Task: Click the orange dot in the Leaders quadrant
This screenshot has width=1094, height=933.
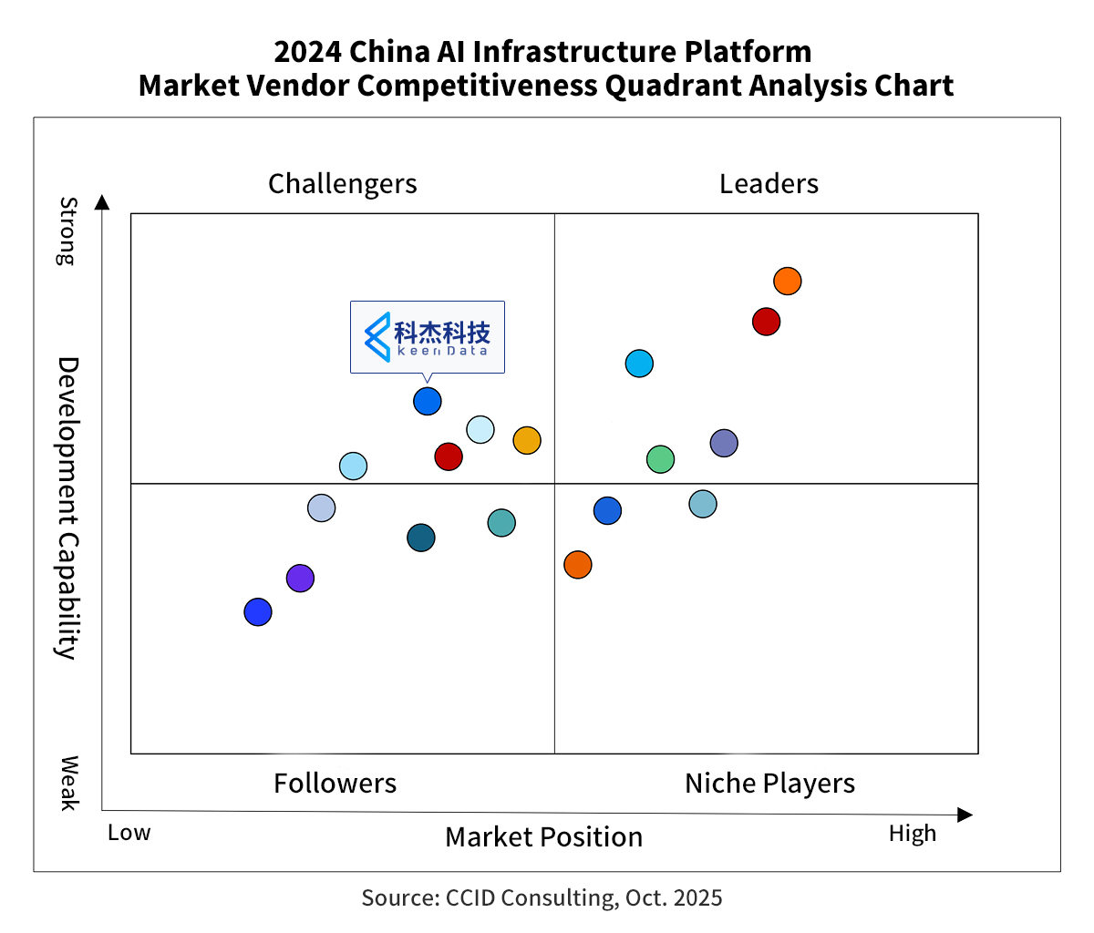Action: click(788, 282)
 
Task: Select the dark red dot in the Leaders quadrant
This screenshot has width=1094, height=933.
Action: click(767, 322)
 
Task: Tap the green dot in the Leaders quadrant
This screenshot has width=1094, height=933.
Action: click(661, 459)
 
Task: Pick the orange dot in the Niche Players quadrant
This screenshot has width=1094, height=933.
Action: click(578, 565)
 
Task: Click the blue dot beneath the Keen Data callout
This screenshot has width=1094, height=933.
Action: click(428, 401)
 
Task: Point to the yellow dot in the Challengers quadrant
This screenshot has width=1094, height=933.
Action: click(527, 441)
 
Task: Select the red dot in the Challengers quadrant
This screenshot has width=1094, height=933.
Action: click(449, 456)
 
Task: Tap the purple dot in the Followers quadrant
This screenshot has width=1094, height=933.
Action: click(300, 578)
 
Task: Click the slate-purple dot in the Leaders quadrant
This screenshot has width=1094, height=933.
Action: click(724, 444)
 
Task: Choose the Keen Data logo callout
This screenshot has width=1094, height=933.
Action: click(428, 336)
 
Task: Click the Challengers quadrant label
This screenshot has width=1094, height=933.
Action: click(343, 184)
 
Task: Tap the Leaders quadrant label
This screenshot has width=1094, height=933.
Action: click(769, 184)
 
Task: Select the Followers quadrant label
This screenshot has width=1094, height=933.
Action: click(335, 784)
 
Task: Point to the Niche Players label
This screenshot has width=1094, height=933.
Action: click(769, 784)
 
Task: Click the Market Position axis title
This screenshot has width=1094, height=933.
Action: click(543, 837)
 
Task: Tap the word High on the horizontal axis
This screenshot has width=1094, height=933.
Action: click(913, 834)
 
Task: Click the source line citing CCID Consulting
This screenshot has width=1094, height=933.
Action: click(542, 898)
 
